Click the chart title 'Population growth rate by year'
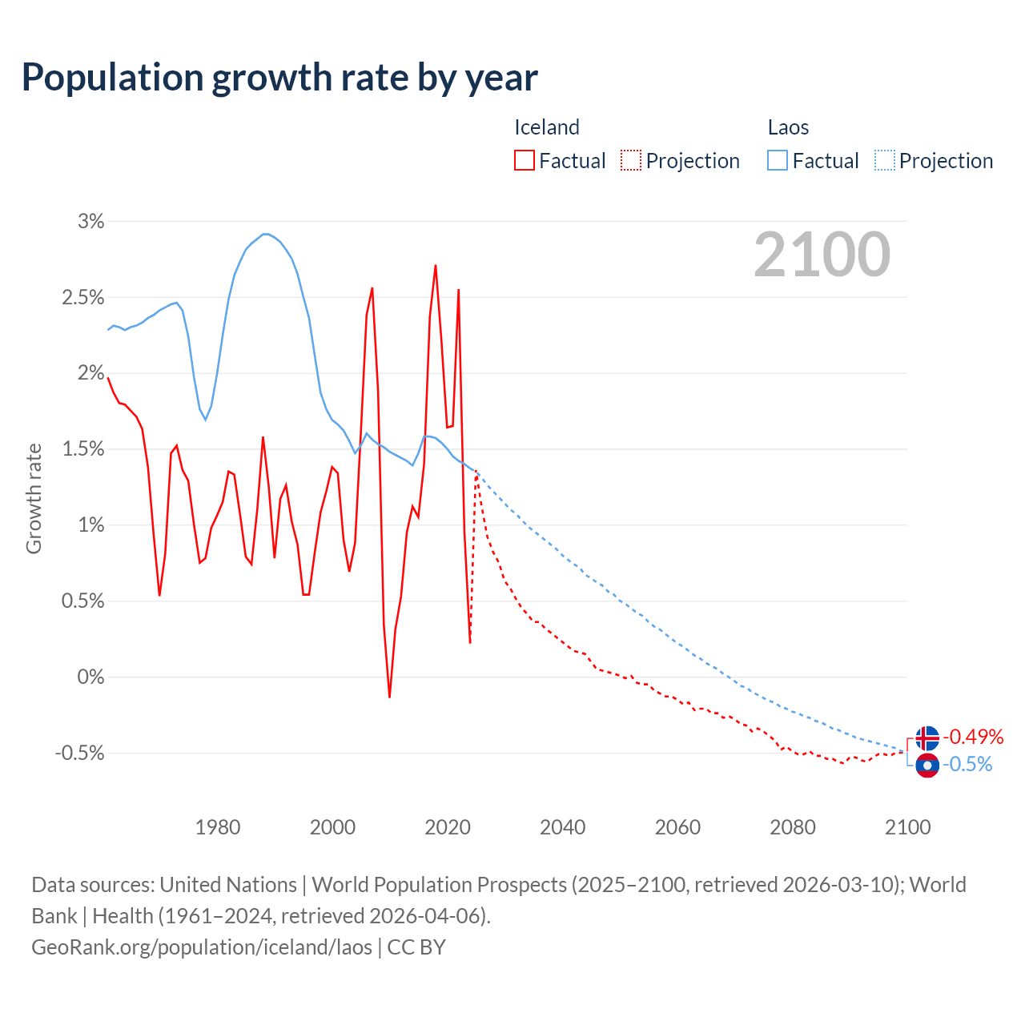279,78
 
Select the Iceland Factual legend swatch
524,160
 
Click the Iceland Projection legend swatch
630,160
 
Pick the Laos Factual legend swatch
777,160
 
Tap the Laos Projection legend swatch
884,160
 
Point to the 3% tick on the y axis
90,221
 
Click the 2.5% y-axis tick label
83,297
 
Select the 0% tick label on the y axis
90,677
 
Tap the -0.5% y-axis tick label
80,753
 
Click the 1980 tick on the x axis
218,827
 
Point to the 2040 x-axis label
562,827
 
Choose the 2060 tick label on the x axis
677,827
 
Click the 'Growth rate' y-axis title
34,498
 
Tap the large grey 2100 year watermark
822,255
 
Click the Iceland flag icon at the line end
927,738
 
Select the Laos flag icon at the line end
927,766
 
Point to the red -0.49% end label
972,737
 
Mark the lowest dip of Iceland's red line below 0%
389,697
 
